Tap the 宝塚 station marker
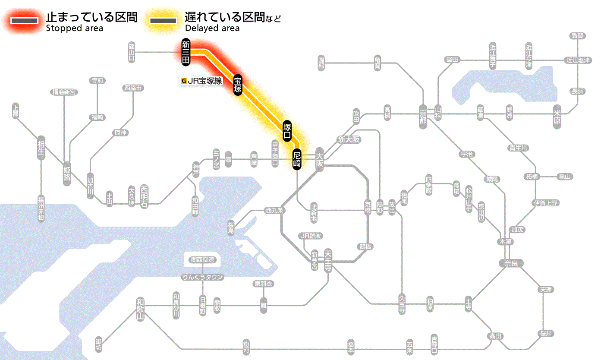(x=238, y=85)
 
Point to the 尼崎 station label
(x=296, y=159)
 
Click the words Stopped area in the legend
(x=74, y=28)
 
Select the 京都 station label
(x=423, y=115)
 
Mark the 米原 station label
(x=557, y=116)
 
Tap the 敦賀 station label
(x=577, y=36)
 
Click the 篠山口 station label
(x=132, y=52)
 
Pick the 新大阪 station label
(x=349, y=140)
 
